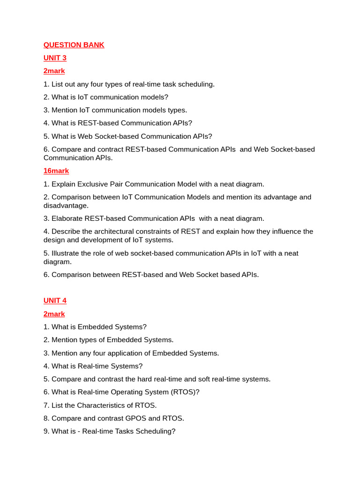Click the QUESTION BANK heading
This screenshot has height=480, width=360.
[74, 45]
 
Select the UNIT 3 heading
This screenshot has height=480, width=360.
[55, 58]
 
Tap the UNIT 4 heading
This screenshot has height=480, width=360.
[55, 300]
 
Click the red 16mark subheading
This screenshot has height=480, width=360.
[56, 171]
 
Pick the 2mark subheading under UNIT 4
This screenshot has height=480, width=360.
[54, 314]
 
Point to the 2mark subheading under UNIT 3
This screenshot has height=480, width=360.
[54, 71]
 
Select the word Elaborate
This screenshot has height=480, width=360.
[67, 218]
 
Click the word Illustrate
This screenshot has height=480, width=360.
[66, 253]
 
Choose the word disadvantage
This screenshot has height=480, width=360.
[66, 206]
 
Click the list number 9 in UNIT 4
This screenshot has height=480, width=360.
[46, 431]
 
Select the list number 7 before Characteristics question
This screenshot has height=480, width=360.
[46, 405]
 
